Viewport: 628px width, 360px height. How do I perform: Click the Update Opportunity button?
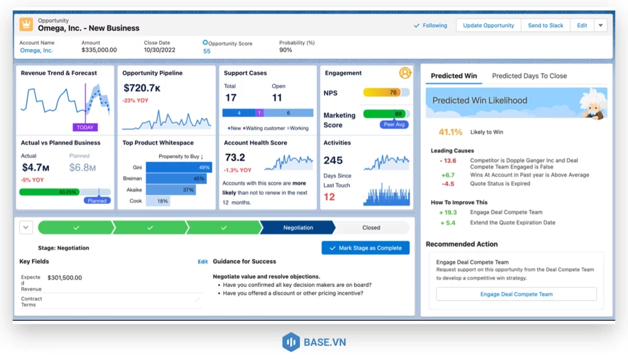pos(488,26)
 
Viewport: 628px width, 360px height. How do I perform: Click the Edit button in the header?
pos(582,26)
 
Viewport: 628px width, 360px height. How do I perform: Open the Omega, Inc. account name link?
pos(36,50)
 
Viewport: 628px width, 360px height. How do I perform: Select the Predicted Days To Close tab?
pos(529,76)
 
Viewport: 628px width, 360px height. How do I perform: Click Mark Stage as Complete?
pos(366,248)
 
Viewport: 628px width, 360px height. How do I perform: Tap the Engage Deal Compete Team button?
pos(516,294)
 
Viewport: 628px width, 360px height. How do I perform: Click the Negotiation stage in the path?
pos(298,228)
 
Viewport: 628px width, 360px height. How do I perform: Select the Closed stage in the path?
pos(371,228)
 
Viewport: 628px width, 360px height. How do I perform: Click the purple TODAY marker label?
pos(85,128)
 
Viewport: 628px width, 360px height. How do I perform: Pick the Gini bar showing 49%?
pos(178,167)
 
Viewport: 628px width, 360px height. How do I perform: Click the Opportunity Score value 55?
pos(207,51)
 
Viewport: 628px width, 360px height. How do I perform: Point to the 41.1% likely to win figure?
pos(450,132)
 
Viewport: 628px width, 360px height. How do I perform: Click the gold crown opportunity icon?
pos(26,25)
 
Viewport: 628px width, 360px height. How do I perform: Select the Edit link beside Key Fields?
pos(202,262)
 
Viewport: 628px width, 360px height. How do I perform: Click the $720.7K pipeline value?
pos(142,89)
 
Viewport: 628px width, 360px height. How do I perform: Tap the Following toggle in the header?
pos(431,26)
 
